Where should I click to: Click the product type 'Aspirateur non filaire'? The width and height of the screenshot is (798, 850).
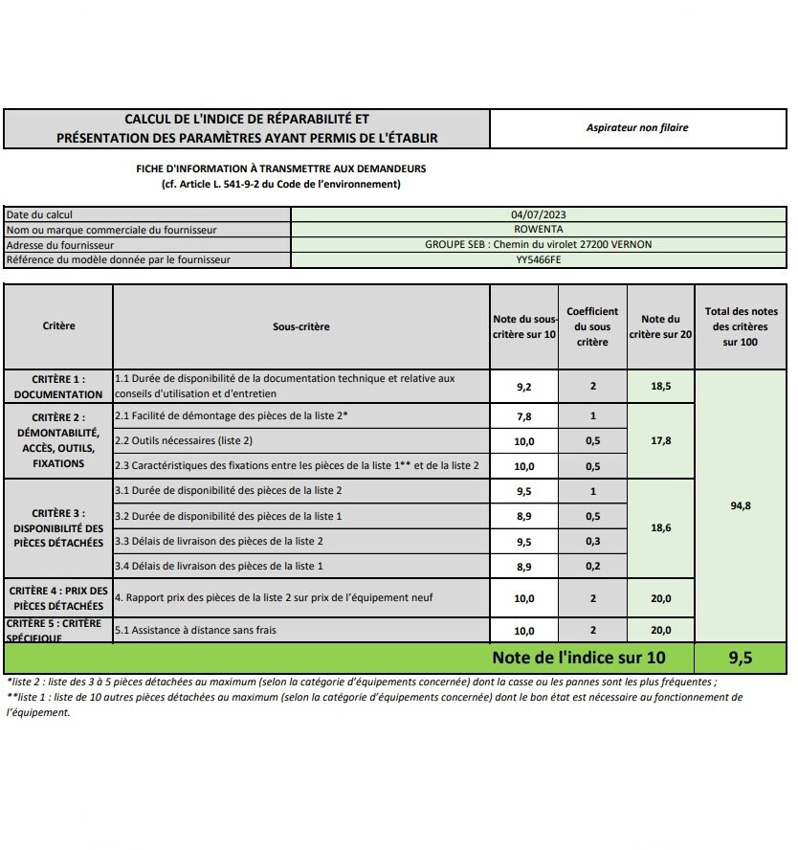(637, 127)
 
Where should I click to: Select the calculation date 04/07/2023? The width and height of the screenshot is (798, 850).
(538, 215)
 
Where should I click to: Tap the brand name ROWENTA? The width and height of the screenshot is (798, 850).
(538, 230)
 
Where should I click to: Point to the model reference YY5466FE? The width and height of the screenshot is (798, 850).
(538, 259)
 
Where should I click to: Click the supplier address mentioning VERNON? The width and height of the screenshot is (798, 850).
(538, 244)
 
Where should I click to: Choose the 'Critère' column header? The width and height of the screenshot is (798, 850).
(58, 325)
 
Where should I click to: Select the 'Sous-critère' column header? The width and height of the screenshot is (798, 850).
(300, 326)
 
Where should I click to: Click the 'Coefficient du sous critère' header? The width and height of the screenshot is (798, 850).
(592, 326)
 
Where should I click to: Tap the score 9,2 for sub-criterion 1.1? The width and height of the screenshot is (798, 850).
(524, 387)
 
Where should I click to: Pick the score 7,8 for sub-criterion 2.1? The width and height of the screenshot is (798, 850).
(524, 416)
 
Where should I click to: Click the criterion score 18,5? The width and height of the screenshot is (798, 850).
(660, 387)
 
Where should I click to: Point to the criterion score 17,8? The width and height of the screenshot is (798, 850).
(660, 441)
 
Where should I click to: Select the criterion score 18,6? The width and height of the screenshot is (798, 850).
(660, 527)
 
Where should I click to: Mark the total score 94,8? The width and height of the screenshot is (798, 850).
(741, 505)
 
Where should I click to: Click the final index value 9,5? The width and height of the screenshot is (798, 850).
(741, 658)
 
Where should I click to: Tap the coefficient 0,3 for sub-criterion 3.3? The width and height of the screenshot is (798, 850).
(592, 541)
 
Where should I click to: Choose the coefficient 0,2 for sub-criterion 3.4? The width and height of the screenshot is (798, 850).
(592, 566)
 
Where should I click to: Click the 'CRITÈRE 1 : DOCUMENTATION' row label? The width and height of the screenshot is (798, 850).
(58, 387)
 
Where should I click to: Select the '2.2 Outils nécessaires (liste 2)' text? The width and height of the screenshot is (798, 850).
(185, 441)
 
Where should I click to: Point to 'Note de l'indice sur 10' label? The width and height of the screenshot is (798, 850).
(579, 658)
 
